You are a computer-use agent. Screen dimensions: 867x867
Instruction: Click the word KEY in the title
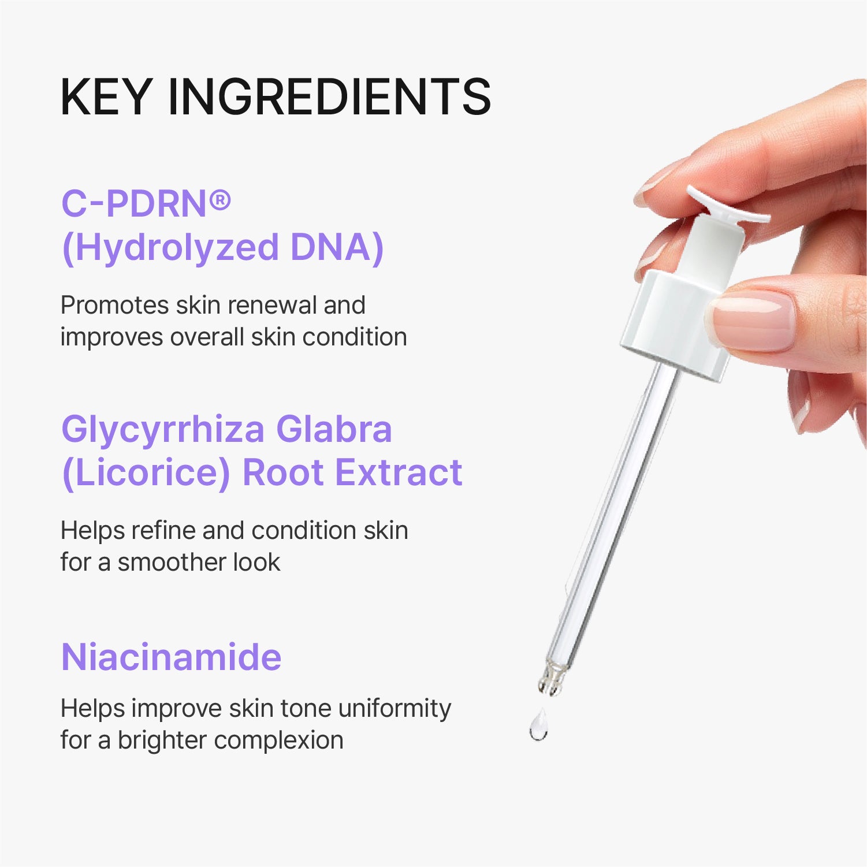(106, 96)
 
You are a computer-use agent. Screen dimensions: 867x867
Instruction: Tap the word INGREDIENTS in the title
(329, 96)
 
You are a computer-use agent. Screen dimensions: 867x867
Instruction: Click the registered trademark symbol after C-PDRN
(219, 200)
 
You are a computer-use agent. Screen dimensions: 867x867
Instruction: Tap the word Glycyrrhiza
(163, 430)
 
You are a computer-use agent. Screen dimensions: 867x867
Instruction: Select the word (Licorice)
(146, 473)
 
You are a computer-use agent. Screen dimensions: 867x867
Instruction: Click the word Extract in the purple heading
(399, 473)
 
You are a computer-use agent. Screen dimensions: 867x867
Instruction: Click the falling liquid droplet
(539, 727)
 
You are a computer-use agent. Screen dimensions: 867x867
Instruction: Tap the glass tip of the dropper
(551, 678)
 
